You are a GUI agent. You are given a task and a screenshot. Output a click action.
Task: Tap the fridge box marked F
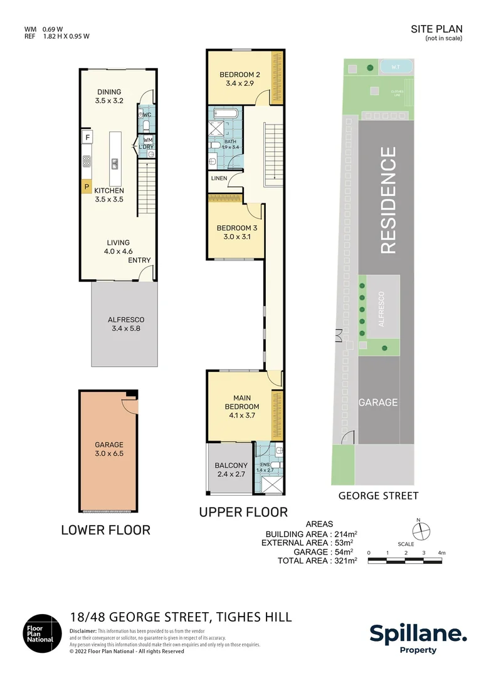[x=87, y=137]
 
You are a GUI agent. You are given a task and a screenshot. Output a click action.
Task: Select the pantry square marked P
[x=87, y=186]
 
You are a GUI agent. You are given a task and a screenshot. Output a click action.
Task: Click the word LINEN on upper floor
[x=219, y=178]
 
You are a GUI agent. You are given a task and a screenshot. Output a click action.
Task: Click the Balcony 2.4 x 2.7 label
[x=231, y=470]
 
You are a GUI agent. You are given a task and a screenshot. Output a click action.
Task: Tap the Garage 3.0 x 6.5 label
[x=109, y=449]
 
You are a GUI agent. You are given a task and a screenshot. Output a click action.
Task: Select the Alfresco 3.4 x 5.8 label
[x=125, y=324]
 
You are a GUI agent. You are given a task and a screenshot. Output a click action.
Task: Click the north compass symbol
[x=424, y=530]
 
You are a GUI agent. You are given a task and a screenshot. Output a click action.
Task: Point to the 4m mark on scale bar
[x=441, y=553]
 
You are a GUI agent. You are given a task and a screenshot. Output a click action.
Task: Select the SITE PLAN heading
[x=436, y=29]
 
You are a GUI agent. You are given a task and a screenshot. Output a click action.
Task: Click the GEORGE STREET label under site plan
[x=378, y=496]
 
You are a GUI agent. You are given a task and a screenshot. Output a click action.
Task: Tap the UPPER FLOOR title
[x=243, y=512]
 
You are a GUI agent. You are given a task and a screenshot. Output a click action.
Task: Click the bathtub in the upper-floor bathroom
[x=224, y=114]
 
